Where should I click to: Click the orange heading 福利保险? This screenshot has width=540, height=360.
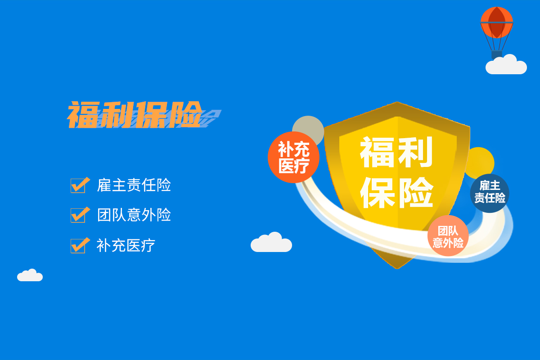(x=135, y=115)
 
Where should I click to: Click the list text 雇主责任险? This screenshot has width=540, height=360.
(x=134, y=185)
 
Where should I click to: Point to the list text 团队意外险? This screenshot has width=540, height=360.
(x=134, y=215)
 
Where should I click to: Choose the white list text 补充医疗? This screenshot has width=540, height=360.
(x=126, y=245)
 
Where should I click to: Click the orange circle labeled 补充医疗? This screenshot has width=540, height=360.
(x=293, y=157)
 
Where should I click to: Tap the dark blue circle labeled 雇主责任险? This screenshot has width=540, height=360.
(x=490, y=193)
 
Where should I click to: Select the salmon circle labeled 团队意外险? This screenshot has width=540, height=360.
(x=448, y=236)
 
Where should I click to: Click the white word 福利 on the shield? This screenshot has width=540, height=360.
(x=396, y=152)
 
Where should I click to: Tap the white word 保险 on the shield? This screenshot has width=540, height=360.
(x=397, y=193)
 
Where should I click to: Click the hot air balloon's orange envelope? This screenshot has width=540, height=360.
(x=497, y=22)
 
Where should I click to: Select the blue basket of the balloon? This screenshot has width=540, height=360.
(x=497, y=55)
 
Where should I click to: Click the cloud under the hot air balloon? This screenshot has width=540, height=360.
(x=506, y=65)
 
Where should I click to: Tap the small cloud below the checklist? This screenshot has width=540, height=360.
(x=30, y=275)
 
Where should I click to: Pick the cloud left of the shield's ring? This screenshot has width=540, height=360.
(x=271, y=243)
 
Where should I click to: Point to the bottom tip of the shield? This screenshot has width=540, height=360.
(x=397, y=269)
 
